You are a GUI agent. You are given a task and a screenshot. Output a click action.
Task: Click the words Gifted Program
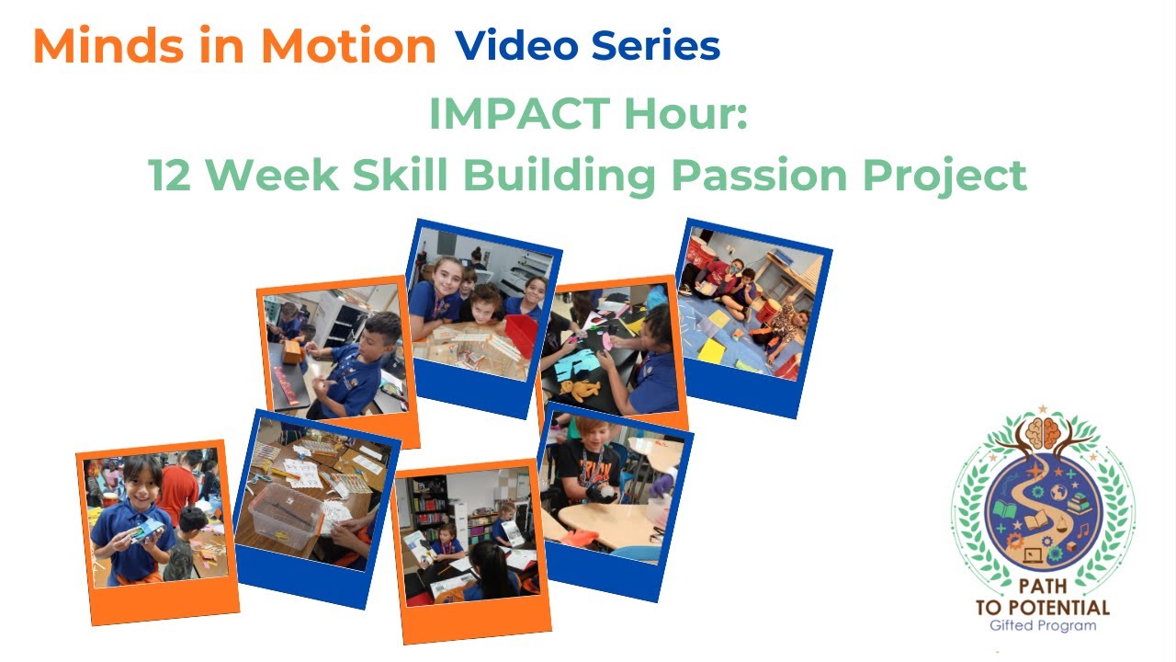tap(1043, 626)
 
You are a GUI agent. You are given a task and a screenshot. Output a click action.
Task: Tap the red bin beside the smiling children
tap(521, 333)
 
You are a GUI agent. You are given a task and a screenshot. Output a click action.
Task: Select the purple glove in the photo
tap(661, 483)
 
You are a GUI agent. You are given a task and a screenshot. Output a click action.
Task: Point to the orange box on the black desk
tap(293, 352)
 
